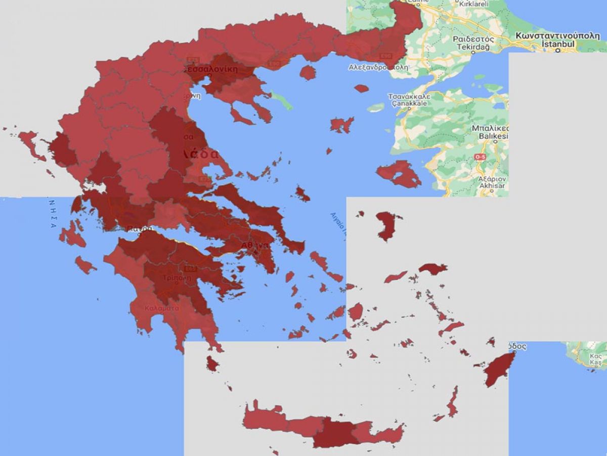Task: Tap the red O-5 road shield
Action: (x=480, y=158)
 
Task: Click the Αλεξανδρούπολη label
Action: (x=378, y=67)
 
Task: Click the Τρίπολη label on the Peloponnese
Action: (x=177, y=278)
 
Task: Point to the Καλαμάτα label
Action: (x=161, y=308)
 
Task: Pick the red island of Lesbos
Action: (x=400, y=174)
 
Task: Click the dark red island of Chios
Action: (x=387, y=225)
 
